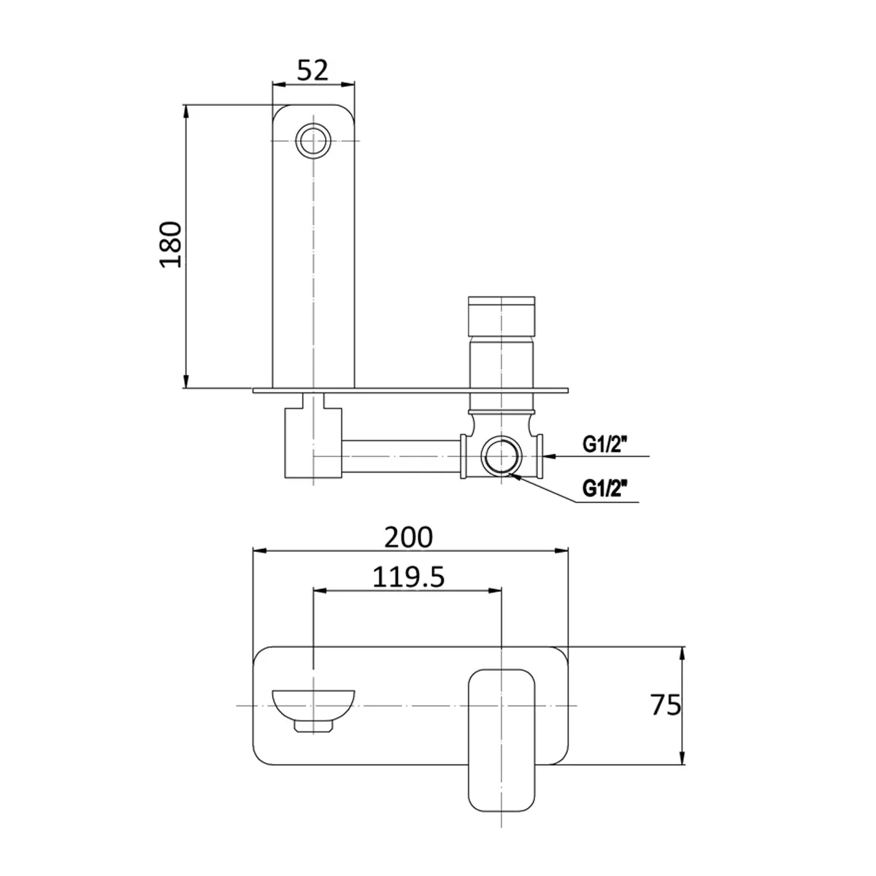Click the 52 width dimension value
click(x=313, y=70)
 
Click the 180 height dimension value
click(x=171, y=244)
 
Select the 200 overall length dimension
click(x=410, y=537)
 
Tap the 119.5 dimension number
click(x=408, y=577)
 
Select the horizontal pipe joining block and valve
click(x=401, y=457)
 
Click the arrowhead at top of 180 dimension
click(x=187, y=112)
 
